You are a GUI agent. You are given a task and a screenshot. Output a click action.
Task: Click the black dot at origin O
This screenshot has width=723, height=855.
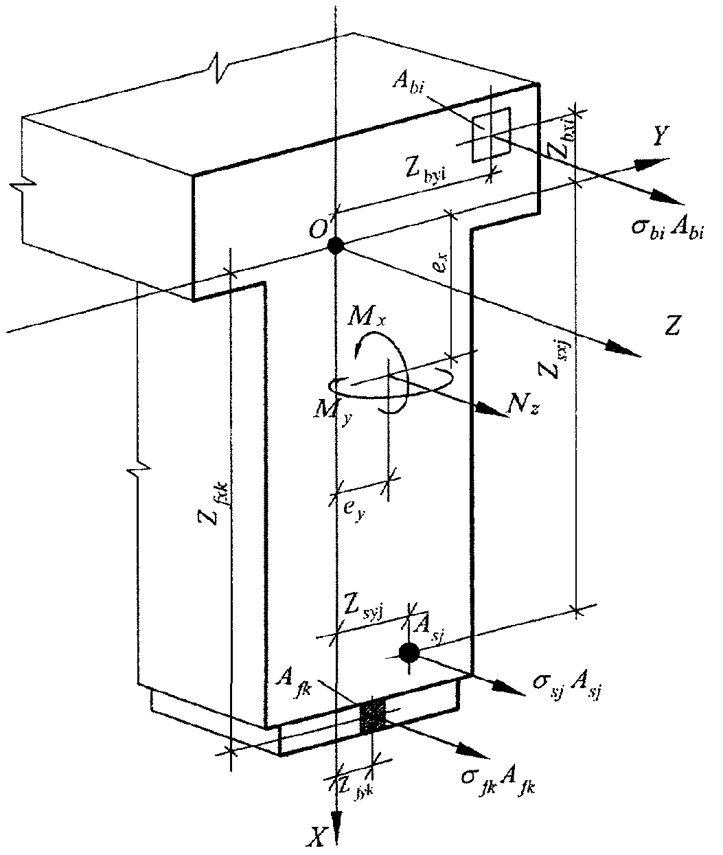(335, 245)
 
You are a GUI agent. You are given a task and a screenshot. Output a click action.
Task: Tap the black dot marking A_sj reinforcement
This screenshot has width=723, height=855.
(409, 652)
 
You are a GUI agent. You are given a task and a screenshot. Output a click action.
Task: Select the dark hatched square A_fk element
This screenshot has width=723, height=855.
(374, 717)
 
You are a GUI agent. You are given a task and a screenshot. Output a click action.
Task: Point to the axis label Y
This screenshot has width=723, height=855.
(660, 137)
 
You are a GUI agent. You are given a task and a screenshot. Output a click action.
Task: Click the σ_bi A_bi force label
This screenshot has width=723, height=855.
(670, 229)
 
